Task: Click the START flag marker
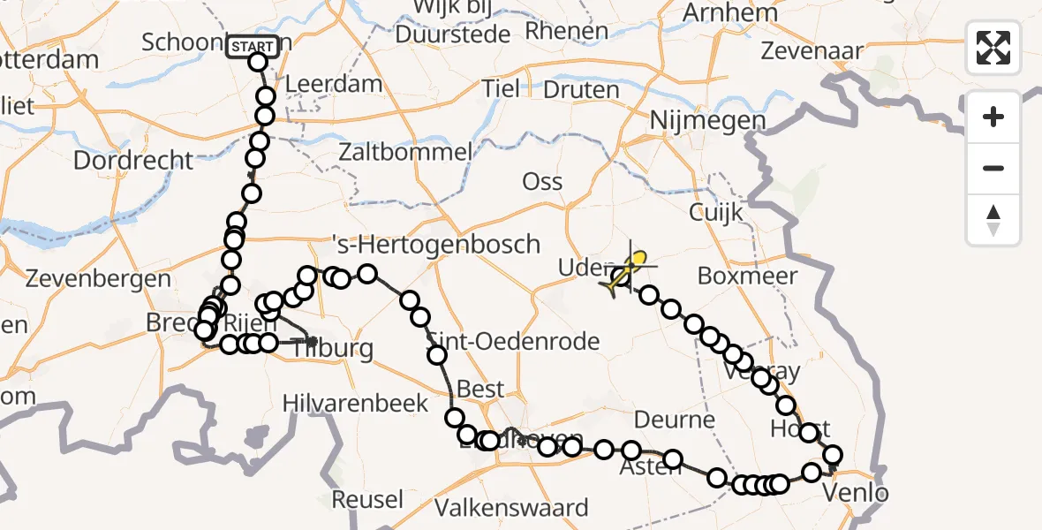[x=253, y=46]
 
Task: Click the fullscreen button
[x=993, y=48]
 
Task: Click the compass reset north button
[x=993, y=220]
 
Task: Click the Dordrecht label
[x=133, y=160]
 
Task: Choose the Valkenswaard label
[x=512, y=508]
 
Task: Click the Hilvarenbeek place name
[x=356, y=404]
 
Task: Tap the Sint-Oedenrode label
[x=513, y=341]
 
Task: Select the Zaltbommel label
[x=405, y=152]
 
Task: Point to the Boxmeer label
[x=747, y=276]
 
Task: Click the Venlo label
[x=855, y=492]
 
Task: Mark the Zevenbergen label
[x=99, y=279]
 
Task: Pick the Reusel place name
[x=367, y=499]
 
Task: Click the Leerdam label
[x=334, y=86]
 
